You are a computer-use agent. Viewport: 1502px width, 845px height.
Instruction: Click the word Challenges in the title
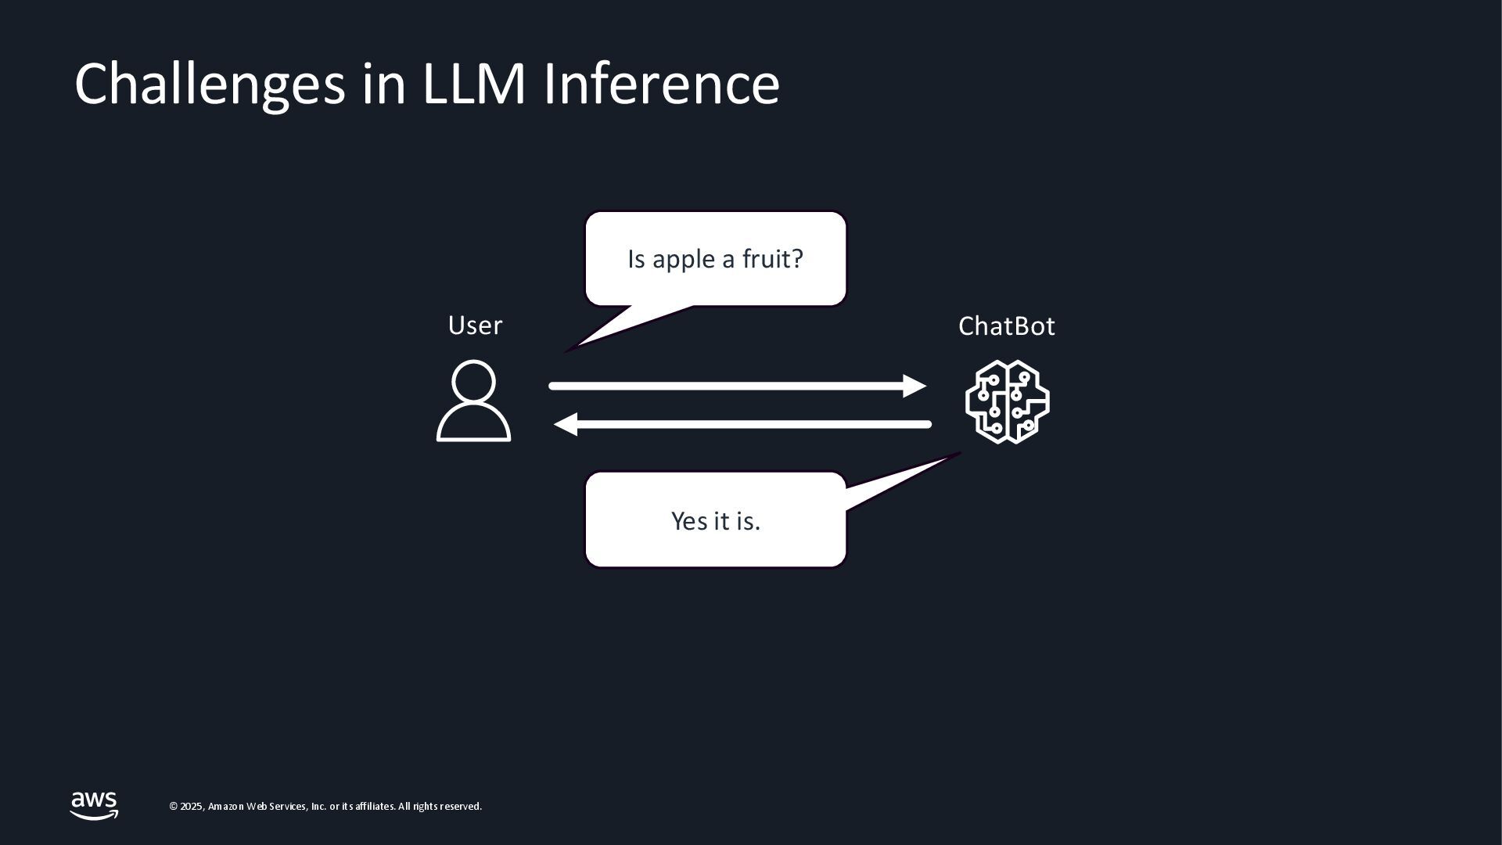(x=209, y=84)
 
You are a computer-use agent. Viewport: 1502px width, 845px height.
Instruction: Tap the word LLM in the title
(x=473, y=84)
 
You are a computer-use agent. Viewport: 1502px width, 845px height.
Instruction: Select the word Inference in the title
(x=661, y=84)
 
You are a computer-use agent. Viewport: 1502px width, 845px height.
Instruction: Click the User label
(x=475, y=325)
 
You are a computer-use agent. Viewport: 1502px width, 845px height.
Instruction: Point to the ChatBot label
(x=1006, y=326)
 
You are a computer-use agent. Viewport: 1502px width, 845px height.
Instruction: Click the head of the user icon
(x=473, y=381)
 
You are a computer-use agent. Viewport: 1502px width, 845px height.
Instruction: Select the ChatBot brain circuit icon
(x=1007, y=401)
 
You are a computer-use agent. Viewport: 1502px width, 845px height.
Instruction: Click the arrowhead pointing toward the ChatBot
(x=914, y=386)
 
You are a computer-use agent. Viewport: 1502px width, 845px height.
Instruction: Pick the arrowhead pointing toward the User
(x=566, y=424)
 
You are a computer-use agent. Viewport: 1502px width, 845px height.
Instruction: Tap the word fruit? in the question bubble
(x=772, y=259)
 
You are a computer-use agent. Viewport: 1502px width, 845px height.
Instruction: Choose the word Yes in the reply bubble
(x=689, y=521)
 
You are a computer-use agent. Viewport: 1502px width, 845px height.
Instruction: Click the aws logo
(x=94, y=805)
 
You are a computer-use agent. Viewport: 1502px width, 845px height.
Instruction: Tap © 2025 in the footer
(x=187, y=807)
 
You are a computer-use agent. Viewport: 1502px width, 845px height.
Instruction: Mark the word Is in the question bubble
(x=636, y=259)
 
